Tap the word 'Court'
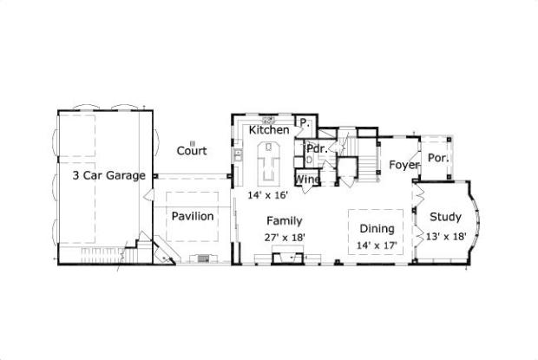[x=192, y=150]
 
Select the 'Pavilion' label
[x=192, y=216]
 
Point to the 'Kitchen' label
[x=269, y=130]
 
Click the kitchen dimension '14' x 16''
[x=267, y=195]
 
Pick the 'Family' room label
[x=284, y=220]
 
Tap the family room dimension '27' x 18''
[x=284, y=236]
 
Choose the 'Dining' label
[x=377, y=229]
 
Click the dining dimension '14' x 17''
[x=377, y=245]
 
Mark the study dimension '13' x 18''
[x=447, y=235]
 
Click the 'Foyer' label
[x=404, y=165]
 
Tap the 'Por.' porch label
[x=437, y=159]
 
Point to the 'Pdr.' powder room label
[x=315, y=148]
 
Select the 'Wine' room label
[x=308, y=180]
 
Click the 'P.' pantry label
[x=305, y=123]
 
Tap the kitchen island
[x=270, y=162]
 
